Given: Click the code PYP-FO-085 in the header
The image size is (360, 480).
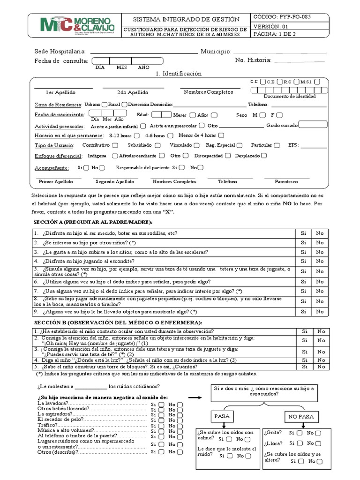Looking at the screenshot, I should [282, 16].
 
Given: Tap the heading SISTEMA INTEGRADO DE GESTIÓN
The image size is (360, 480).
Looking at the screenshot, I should [186, 19].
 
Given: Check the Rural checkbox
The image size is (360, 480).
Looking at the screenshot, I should [124, 105].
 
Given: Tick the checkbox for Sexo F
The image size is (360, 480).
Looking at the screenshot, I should [280, 115].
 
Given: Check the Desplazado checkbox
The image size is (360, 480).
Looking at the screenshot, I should [264, 156].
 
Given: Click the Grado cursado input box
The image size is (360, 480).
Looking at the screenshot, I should [313, 125].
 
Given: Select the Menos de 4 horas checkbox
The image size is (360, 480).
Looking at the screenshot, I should [215, 135].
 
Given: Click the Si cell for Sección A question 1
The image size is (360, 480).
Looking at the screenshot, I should [303, 233].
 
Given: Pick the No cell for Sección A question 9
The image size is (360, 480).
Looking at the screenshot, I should [320, 311].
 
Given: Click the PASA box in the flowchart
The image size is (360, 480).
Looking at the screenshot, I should [222, 416].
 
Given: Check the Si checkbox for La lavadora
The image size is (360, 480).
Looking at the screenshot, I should [161, 404].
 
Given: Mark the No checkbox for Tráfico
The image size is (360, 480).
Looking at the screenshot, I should [180, 425].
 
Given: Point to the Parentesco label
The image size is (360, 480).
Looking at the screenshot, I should [286, 181].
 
